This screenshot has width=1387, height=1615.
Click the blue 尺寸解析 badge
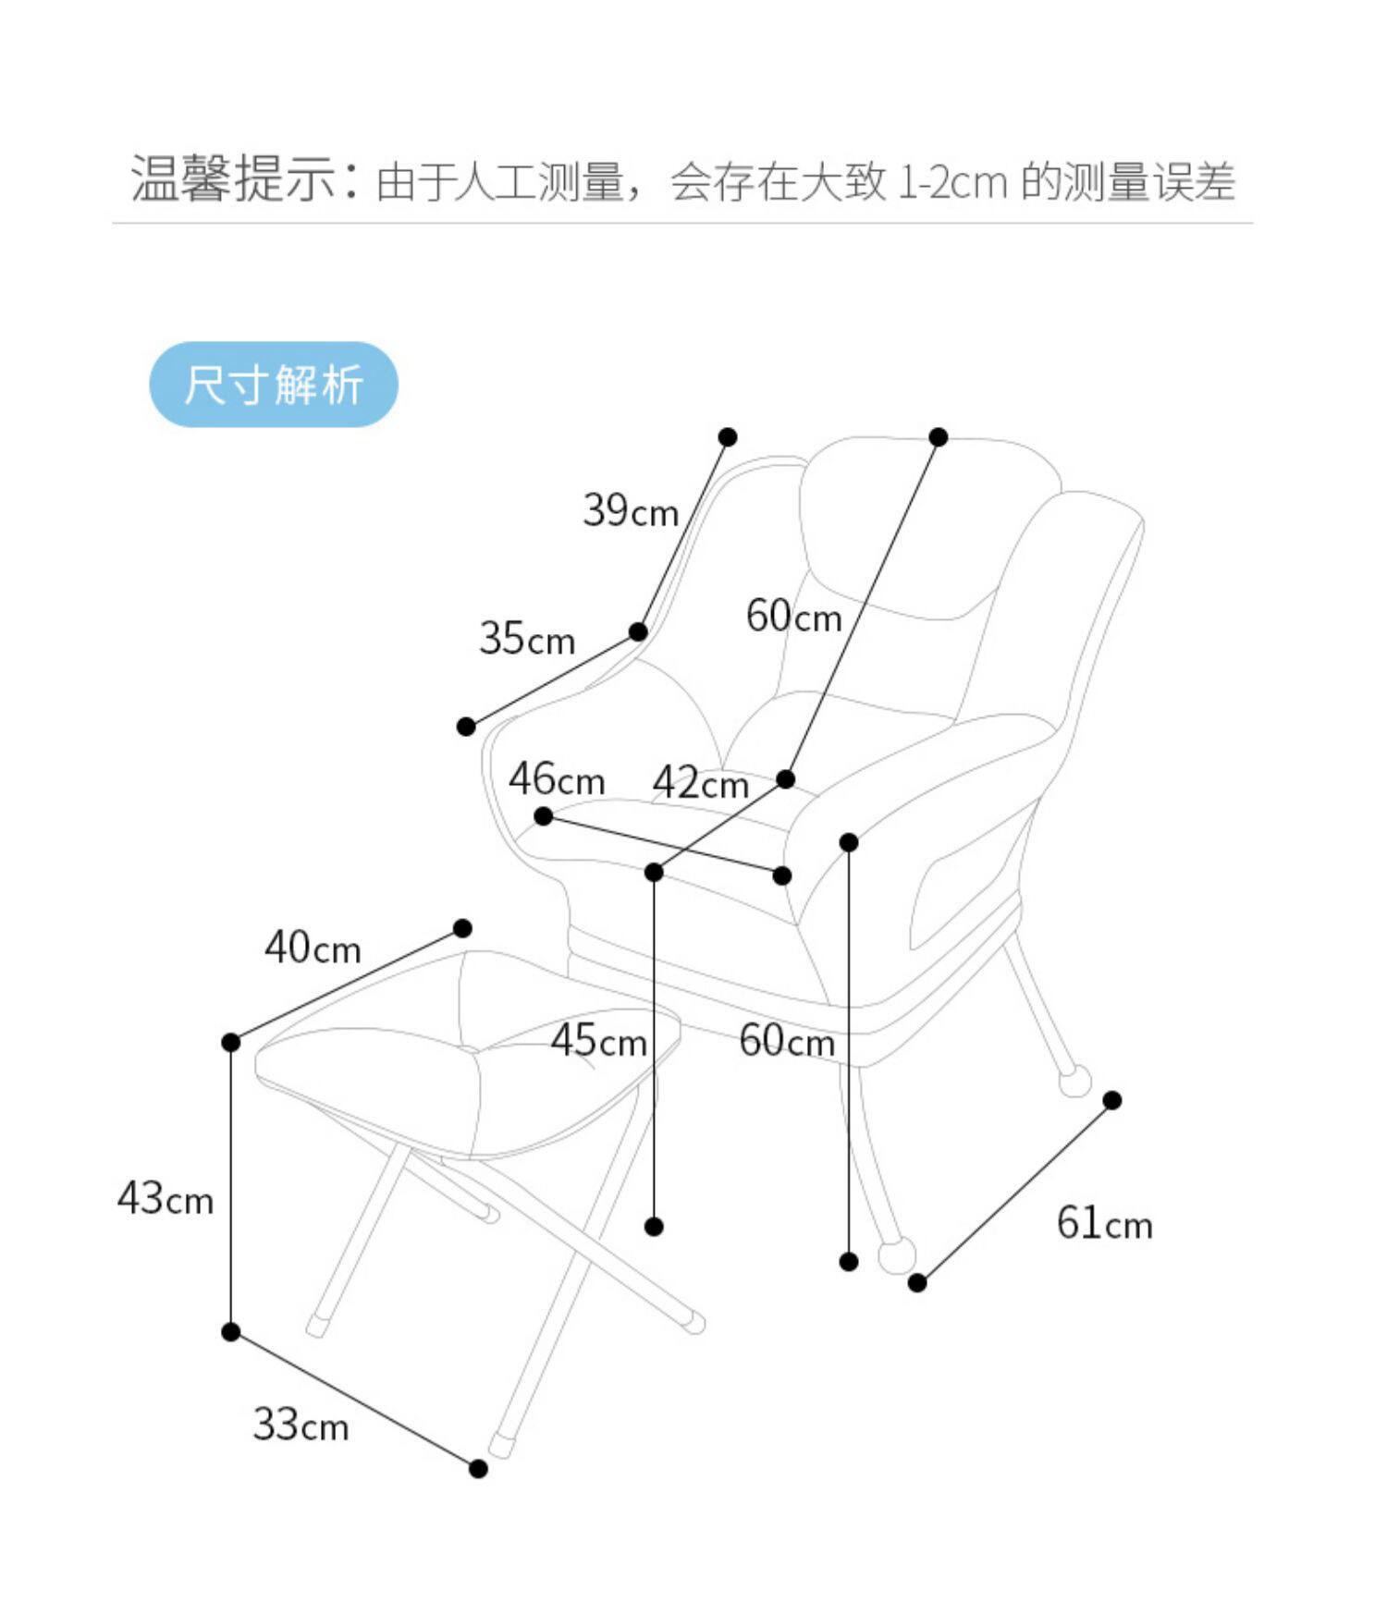coord(274,385)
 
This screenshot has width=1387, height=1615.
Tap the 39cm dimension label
coord(631,510)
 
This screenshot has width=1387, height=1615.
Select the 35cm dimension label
coord(527,639)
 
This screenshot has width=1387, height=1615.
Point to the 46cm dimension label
coord(557,779)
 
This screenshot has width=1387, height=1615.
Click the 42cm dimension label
coord(701,784)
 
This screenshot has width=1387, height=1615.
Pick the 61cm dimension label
coord(1104,1224)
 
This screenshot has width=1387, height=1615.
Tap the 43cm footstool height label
coord(166,1199)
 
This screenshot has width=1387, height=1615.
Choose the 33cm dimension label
coord(301,1425)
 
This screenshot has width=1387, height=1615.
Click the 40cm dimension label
coord(313,948)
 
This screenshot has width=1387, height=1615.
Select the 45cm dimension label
coord(598,1041)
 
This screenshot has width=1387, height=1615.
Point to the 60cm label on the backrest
coord(793,617)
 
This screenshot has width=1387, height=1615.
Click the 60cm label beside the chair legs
coord(786,1041)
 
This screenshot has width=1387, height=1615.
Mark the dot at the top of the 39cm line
coord(728,437)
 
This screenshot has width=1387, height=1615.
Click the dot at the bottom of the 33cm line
coord(478,1469)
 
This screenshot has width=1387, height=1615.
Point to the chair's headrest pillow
coord(925,527)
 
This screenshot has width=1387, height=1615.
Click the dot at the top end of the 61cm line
coord(1112,1100)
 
